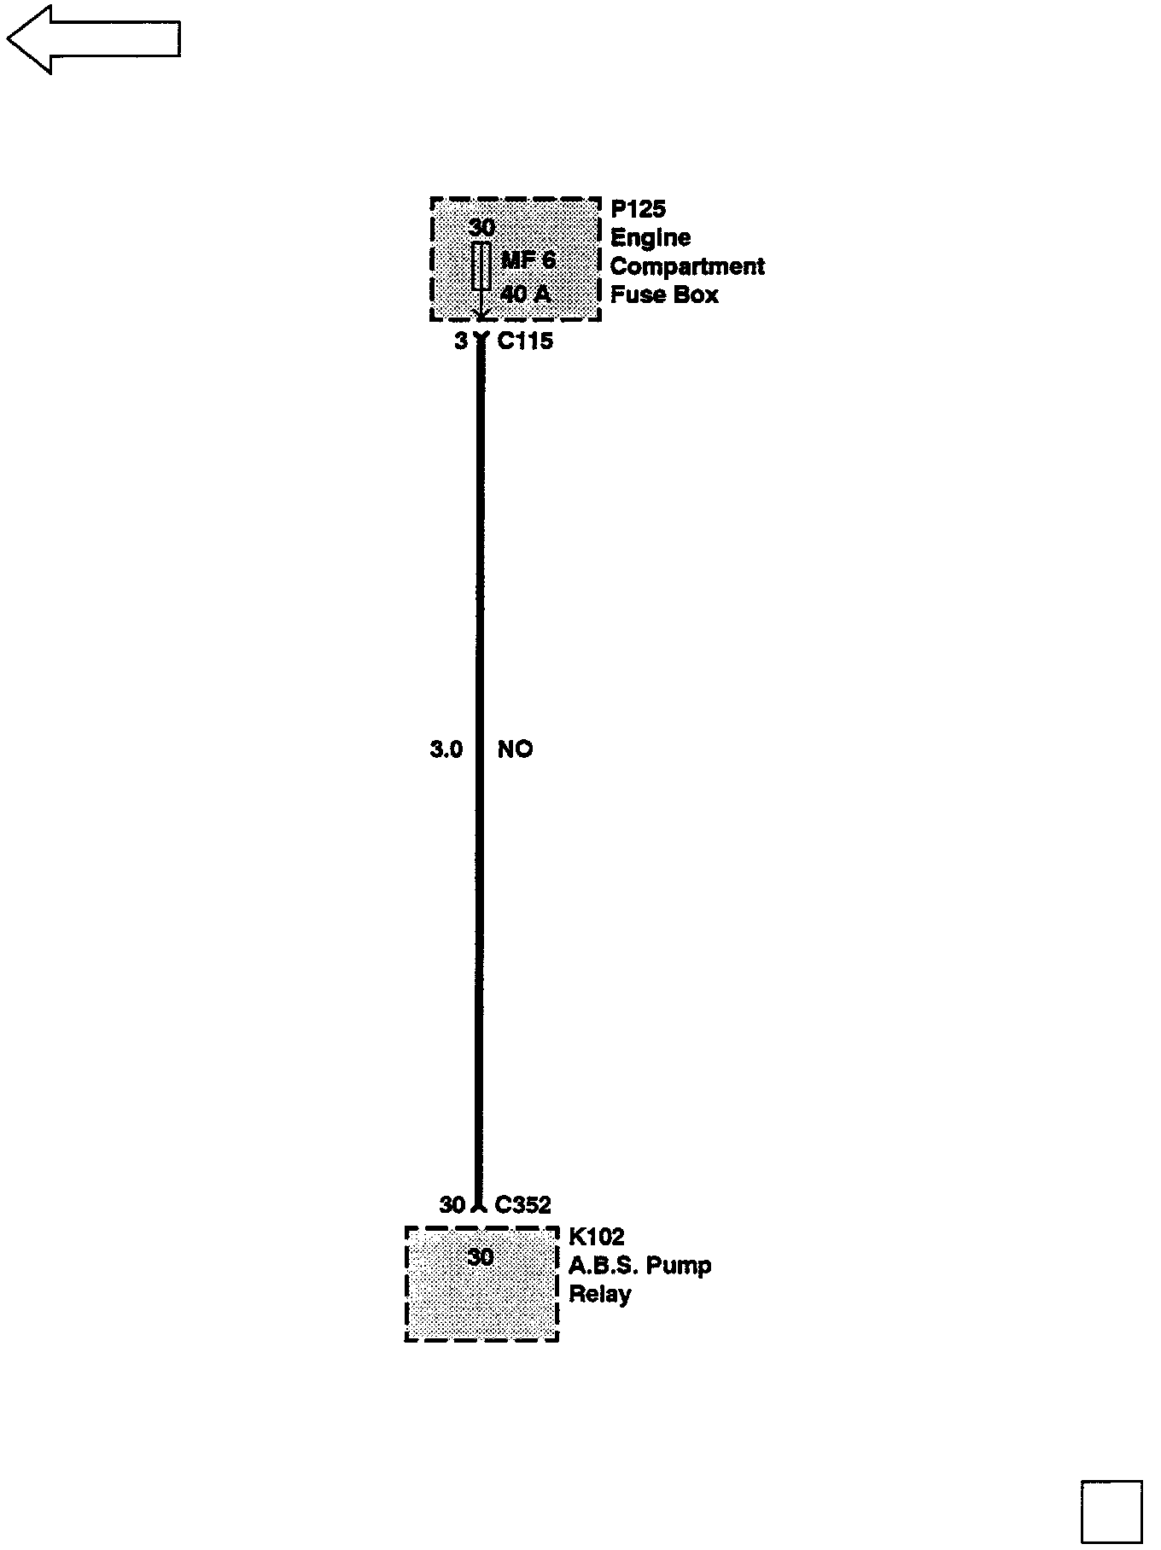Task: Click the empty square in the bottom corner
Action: (x=1111, y=1512)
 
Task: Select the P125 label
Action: (x=638, y=209)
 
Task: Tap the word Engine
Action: (x=651, y=238)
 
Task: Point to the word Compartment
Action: (x=687, y=266)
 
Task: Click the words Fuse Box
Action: (x=664, y=295)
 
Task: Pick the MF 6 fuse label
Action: (x=528, y=259)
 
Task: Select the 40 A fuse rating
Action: (x=526, y=294)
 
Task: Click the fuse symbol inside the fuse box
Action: (x=481, y=265)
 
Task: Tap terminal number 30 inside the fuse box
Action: (x=481, y=228)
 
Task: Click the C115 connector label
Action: (x=525, y=341)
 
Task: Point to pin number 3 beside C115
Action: (x=461, y=341)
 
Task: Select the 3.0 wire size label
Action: (x=446, y=749)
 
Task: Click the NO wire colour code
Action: (x=515, y=749)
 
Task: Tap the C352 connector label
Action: (x=522, y=1205)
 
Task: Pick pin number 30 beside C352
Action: (x=452, y=1205)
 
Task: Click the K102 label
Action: (x=597, y=1237)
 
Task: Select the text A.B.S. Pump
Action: (x=640, y=1265)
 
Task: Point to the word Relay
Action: (x=599, y=1294)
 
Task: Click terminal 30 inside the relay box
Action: (x=481, y=1257)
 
